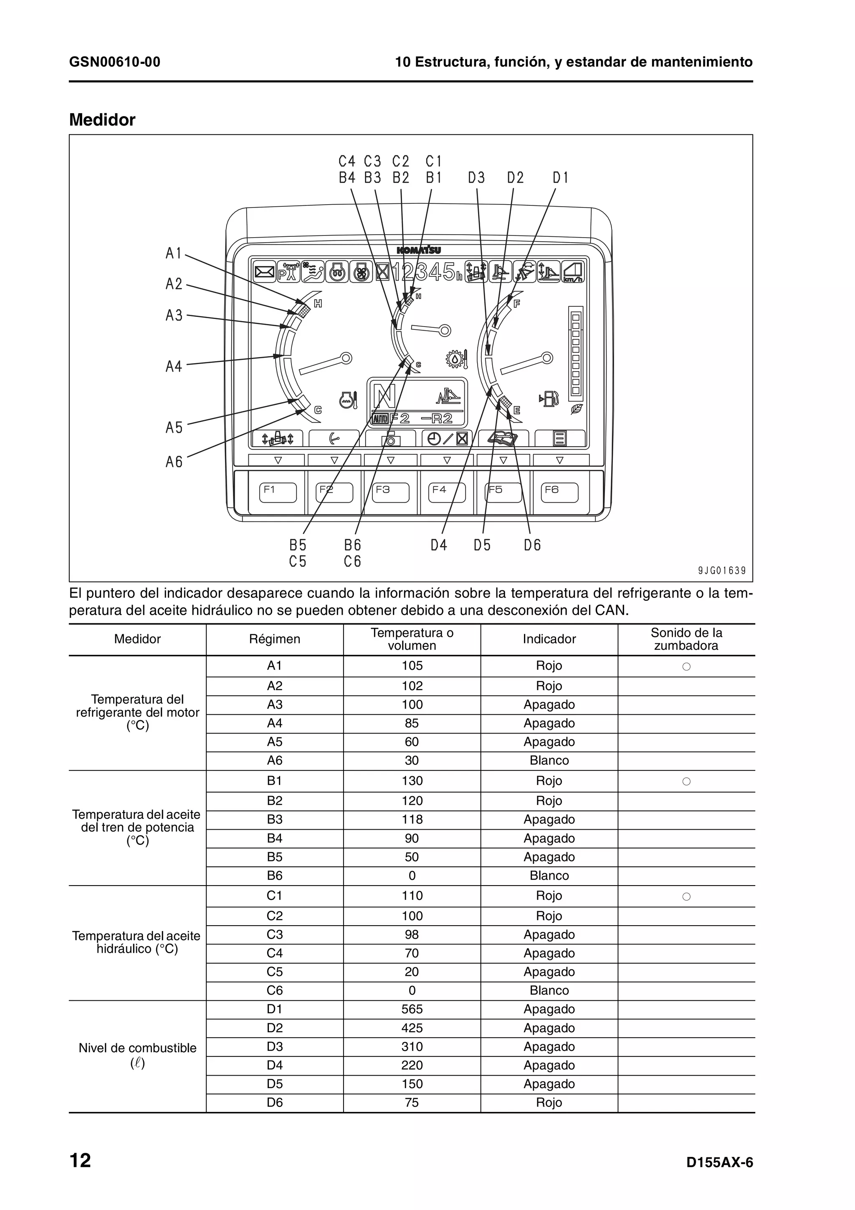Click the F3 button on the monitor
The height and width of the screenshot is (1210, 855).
point(390,493)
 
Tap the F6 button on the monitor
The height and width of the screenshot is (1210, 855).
point(559,493)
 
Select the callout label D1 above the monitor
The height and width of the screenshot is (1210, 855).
point(561,178)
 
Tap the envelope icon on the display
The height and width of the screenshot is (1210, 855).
point(264,272)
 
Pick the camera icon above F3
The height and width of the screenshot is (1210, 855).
point(390,438)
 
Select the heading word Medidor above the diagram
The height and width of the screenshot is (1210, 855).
point(102,120)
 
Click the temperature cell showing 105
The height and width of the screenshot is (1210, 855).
point(412,666)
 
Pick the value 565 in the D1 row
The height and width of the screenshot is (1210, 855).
point(412,1009)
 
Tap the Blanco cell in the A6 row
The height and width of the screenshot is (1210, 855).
point(549,760)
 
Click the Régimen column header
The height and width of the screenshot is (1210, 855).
point(274,639)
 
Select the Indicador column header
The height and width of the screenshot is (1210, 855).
point(549,639)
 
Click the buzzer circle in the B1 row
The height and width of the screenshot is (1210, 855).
point(686,782)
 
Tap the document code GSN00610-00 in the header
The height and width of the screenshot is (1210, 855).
point(115,62)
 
